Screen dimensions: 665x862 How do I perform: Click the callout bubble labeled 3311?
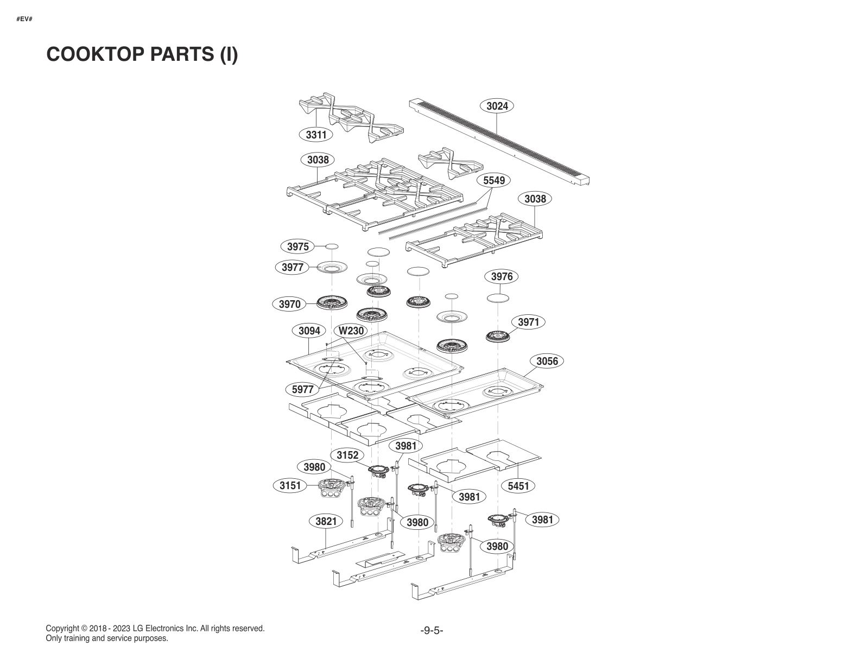pos(316,135)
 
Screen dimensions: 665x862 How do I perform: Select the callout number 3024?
pos(497,106)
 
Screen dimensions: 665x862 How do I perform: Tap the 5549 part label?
pos(494,180)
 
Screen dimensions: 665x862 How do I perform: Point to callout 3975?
pos(297,246)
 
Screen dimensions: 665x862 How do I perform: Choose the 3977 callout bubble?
pos(293,267)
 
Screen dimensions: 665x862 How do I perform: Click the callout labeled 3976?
pos(502,276)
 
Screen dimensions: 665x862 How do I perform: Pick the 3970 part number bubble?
pos(289,304)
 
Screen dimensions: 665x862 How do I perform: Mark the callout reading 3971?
pos(528,322)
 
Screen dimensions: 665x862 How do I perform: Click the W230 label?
pos(351,331)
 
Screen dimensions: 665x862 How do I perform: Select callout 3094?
pos(309,331)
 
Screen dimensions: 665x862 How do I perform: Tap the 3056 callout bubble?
pos(547,361)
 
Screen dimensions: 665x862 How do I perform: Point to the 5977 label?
pos(302,389)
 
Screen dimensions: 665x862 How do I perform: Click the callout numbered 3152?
pos(347,455)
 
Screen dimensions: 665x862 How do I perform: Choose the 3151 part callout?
pos(290,485)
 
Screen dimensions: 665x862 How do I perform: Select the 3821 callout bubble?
pos(326,521)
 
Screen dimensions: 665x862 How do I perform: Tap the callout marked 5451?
pos(518,486)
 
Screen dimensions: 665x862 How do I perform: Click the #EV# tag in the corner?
pos(24,19)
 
